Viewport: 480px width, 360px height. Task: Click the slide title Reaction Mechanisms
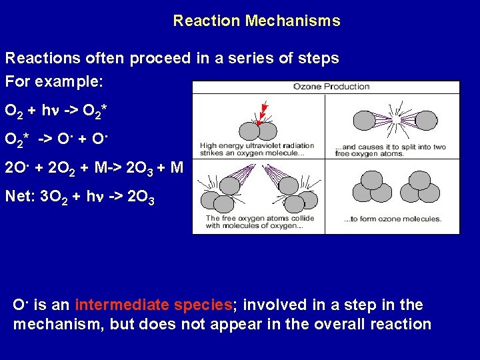point(257,21)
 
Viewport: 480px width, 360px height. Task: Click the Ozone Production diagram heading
point(331,87)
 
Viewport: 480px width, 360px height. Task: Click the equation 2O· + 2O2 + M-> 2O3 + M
point(93,167)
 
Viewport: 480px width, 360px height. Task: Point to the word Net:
point(19,197)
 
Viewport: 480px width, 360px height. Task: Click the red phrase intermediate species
point(153,305)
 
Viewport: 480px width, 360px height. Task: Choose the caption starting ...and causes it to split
point(393,150)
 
